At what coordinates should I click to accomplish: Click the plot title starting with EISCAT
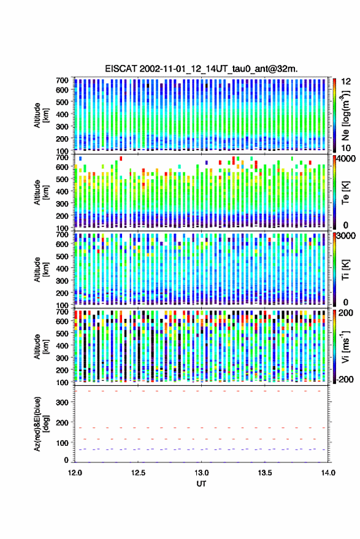click(201, 69)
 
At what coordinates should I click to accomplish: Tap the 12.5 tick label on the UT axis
click(138, 473)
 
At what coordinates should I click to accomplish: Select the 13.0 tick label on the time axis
click(202, 473)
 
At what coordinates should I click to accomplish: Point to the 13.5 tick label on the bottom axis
click(265, 473)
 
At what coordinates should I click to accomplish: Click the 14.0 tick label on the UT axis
click(328, 473)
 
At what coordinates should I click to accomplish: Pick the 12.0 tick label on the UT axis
click(75, 473)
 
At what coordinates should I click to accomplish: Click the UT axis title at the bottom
click(202, 484)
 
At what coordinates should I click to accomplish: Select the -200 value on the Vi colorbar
click(345, 380)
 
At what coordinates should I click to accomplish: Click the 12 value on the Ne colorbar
click(347, 82)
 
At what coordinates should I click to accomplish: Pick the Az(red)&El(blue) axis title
click(41, 424)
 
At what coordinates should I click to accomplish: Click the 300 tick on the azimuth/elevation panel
click(62, 402)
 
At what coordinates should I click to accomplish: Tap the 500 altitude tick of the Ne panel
click(62, 102)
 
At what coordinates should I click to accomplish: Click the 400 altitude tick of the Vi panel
click(62, 346)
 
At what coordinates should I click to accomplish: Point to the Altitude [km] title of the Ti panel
click(41, 270)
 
